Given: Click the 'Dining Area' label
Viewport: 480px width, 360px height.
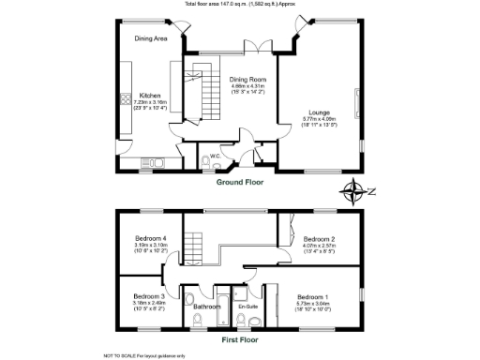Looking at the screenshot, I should click(150, 38).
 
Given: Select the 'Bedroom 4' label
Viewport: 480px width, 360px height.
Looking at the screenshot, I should click(150, 238).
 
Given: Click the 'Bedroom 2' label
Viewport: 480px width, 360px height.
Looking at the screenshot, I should click(319, 238).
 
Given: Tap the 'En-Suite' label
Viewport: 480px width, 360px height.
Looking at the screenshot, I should click(247, 307).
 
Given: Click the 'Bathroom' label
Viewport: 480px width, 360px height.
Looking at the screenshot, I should click(206, 307).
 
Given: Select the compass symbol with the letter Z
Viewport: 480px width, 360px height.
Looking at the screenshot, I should click(356, 194).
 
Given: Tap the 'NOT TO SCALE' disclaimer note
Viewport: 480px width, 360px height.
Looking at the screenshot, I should click(144, 355).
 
